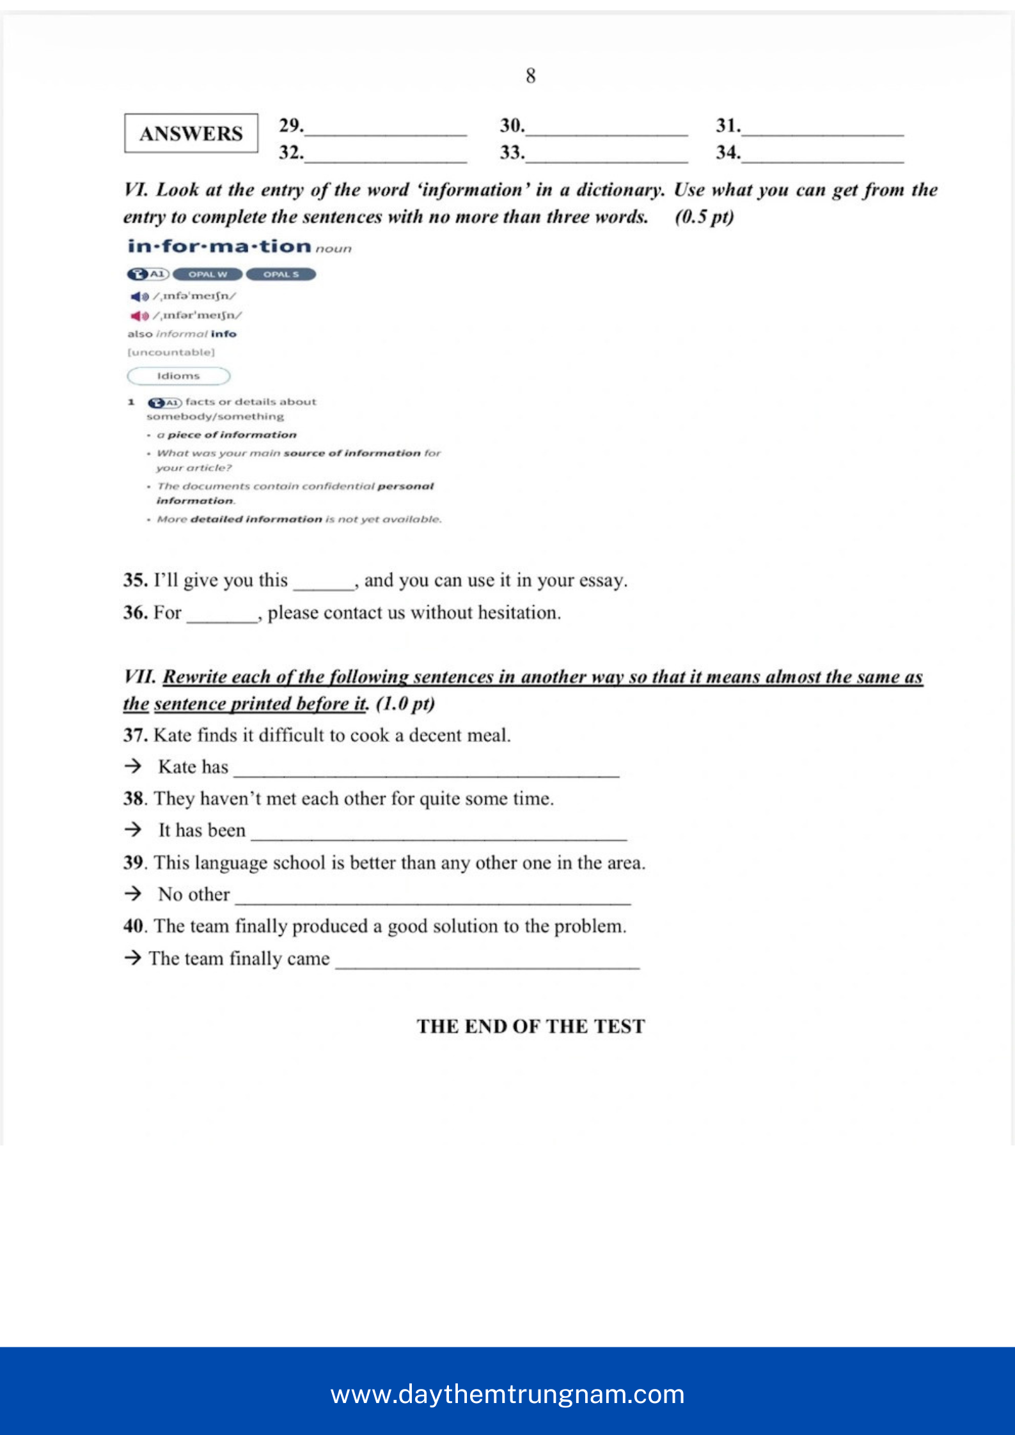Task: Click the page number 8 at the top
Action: pyautogui.click(x=530, y=76)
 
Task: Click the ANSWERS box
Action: pyautogui.click(x=191, y=133)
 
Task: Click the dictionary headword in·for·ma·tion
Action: pyautogui.click(x=219, y=246)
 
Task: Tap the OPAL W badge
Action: pyautogui.click(x=207, y=274)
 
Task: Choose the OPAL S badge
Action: pyautogui.click(x=281, y=274)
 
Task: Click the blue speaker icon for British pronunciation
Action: pyautogui.click(x=139, y=297)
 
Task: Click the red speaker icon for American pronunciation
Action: pyautogui.click(x=139, y=316)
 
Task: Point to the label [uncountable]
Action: pyautogui.click(x=171, y=352)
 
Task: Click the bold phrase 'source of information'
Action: pyautogui.click(x=352, y=453)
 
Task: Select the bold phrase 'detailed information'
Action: pyautogui.click(x=256, y=519)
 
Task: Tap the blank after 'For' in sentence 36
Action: pyautogui.click(x=222, y=615)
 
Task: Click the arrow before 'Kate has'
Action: pyautogui.click(x=133, y=766)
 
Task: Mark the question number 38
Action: pyautogui.click(x=134, y=798)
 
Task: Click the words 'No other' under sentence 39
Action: pyautogui.click(x=194, y=894)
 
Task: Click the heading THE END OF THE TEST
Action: pyautogui.click(x=531, y=1026)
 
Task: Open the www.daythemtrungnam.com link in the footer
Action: pyautogui.click(x=507, y=1394)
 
